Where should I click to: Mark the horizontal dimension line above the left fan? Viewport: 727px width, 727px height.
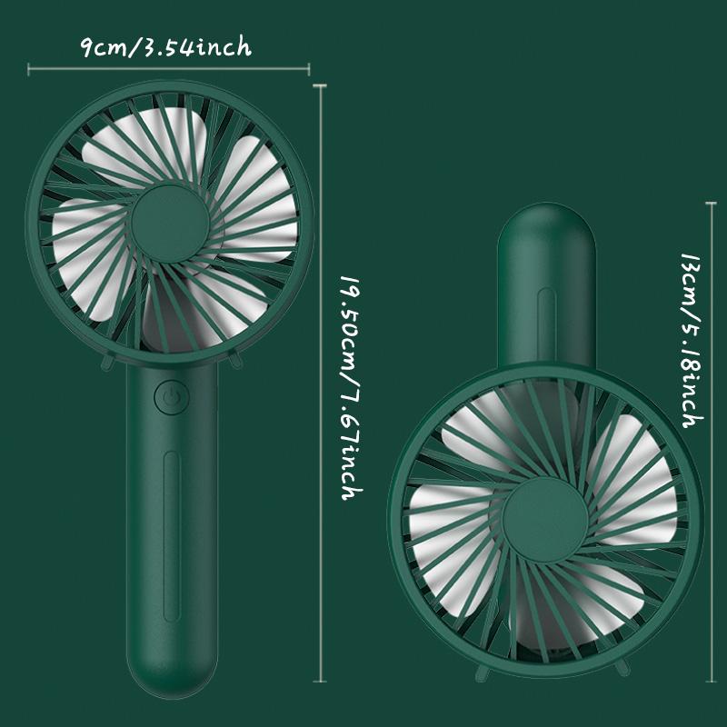pos(168,67)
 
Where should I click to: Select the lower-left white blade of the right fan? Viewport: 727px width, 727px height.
pos(445,527)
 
